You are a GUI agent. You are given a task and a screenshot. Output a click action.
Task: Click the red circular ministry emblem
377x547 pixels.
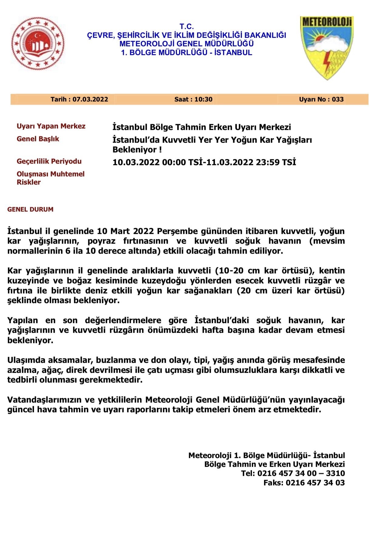point(38,43)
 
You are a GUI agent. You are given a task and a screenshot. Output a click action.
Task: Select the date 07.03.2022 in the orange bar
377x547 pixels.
point(79,99)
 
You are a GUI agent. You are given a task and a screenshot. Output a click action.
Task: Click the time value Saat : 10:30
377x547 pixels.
point(193,99)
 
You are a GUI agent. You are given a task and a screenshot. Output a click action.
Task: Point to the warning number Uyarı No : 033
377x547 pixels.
point(321,99)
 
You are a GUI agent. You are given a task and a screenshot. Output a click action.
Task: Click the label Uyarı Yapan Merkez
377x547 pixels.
point(51,126)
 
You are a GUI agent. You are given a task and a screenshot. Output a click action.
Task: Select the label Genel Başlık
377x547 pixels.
point(38,139)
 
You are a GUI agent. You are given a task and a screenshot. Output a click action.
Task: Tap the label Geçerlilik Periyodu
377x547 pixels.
point(49,161)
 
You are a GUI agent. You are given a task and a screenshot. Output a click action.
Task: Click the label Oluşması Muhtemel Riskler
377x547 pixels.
point(50,178)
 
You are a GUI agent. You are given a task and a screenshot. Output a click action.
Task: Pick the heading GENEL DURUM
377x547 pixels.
point(30,210)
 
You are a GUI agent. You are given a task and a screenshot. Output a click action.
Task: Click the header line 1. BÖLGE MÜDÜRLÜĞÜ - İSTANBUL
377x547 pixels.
point(186,53)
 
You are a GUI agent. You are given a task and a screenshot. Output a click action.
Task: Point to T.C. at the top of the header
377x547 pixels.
point(186,27)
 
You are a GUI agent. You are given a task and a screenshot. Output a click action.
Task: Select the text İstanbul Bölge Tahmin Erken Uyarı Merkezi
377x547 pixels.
point(202,127)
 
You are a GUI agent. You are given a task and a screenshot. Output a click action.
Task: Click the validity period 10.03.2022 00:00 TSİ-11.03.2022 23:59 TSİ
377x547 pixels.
point(204,163)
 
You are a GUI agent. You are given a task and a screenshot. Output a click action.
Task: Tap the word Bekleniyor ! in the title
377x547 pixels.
point(137,150)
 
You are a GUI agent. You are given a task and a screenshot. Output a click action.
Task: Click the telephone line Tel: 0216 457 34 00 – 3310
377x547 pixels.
point(293,473)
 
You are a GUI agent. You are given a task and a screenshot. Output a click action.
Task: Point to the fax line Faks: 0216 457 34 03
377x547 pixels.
point(304,483)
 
